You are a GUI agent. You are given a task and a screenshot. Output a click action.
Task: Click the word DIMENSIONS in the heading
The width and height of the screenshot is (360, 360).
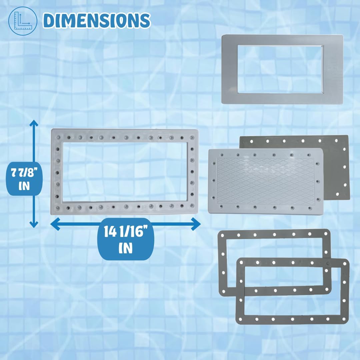click(x=97, y=20)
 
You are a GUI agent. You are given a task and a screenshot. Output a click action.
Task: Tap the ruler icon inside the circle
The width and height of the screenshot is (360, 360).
click(x=22, y=21)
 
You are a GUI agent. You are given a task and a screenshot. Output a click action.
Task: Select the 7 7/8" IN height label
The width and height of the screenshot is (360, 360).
click(x=24, y=179)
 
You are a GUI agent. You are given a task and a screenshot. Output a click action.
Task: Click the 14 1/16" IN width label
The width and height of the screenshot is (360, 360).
click(x=126, y=239)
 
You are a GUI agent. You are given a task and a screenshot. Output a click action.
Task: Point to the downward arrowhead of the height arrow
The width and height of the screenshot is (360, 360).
click(x=34, y=224)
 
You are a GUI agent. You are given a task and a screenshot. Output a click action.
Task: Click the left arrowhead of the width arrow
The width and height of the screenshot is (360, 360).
click(x=55, y=224)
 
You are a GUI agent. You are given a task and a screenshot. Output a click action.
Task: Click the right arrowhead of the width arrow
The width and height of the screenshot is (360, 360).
click(x=196, y=224)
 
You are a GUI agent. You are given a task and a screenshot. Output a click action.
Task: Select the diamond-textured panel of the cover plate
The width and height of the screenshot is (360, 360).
click(x=265, y=181)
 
